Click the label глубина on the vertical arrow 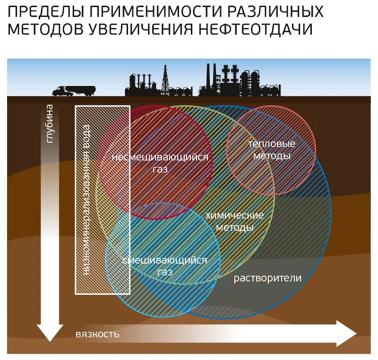[50, 123]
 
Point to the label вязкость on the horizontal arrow [97, 334]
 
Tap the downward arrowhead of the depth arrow [50, 332]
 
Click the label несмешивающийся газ [160, 163]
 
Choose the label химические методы [235, 221]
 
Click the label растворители [267, 278]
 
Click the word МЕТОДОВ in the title [46, 29]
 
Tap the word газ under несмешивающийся [160, 169]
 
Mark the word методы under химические [235, 227]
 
